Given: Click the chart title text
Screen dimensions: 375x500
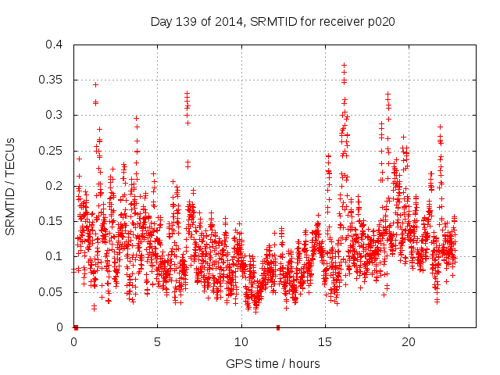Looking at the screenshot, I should [273, 22].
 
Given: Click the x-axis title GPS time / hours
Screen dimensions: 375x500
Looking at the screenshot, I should [273, 363].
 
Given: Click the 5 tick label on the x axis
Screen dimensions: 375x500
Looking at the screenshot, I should [157, 342].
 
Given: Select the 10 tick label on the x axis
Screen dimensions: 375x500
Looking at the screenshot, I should [241, 342].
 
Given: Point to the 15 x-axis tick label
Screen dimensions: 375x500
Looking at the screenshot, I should [324, 342].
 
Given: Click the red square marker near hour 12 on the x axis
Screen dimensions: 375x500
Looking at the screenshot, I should [277, 327].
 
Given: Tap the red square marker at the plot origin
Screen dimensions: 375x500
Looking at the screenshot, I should [76, 327].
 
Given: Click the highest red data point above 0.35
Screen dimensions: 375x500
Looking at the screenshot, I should [344, 65].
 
